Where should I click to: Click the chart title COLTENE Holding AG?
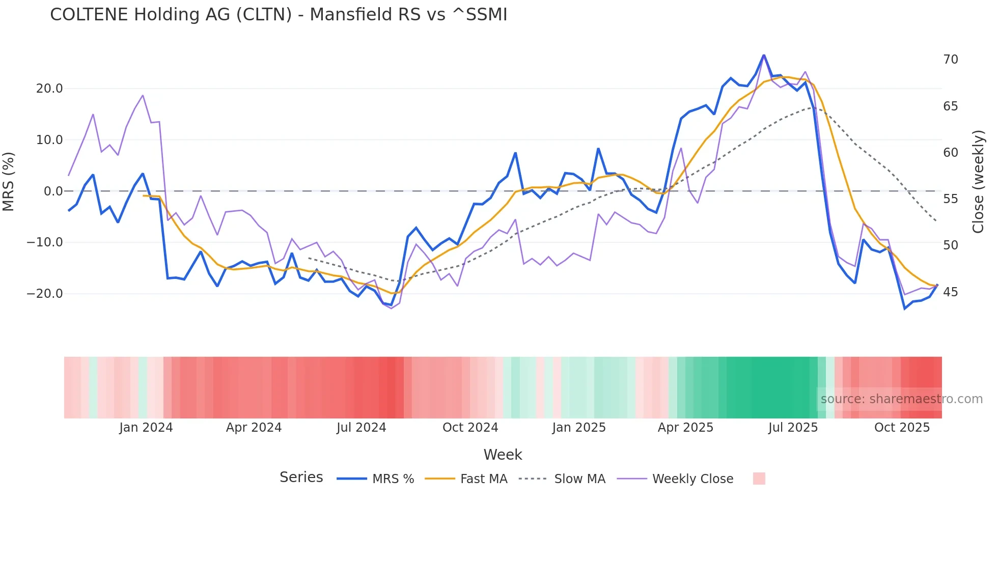point(279,15)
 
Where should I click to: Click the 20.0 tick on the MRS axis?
point(49,89)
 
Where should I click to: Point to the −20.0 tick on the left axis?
point(45,294)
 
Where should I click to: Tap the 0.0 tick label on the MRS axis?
point(53,191)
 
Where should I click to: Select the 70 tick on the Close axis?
point(950,60)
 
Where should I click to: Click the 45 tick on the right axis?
point(950,292)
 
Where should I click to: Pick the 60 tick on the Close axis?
point(950,153)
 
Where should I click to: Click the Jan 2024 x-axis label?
point(146,428)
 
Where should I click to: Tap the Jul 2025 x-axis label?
point(793,428)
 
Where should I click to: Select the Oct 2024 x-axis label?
point(470,428)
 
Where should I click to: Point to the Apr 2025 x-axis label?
point(685,428)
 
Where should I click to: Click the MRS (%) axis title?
point(9,181)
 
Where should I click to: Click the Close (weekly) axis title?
point(978,181)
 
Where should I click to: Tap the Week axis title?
point(503,455)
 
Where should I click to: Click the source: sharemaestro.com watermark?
point(901,399)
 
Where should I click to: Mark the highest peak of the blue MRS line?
point(764,55)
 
